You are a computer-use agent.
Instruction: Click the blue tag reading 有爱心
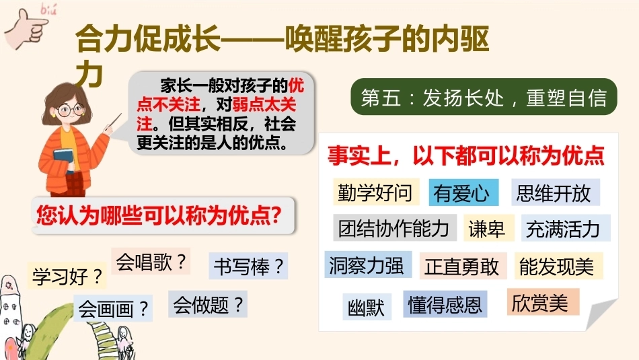463,192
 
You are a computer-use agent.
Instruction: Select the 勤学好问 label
376,192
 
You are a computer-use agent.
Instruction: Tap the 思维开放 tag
556,192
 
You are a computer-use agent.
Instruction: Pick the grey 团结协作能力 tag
395,227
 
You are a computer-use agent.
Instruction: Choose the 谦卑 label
489,228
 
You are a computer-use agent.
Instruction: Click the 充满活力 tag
566,228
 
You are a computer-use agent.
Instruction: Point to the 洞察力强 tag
368,264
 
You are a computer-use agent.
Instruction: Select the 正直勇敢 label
463,266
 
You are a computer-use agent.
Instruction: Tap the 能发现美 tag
558,266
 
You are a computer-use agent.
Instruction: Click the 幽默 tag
367,307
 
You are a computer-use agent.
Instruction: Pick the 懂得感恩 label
445,304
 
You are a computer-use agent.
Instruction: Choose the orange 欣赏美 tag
543,301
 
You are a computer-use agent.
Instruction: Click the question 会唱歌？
151,261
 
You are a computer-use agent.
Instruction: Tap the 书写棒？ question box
249,266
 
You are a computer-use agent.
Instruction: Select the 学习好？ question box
67,276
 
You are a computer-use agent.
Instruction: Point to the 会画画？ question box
113,308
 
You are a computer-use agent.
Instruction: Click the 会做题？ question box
208,304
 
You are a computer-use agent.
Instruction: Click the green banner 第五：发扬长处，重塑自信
484,97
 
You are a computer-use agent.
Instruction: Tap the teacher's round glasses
70,110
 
